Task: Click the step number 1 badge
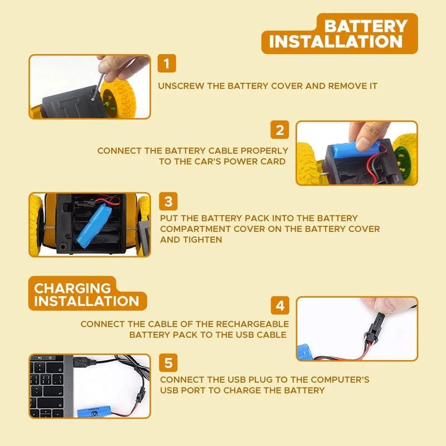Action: tap(167, 63)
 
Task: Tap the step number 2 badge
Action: tap(280, 130)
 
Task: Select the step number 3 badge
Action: tap(168, 201)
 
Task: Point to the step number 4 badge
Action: tap(280, 305)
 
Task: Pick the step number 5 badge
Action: tap(168, 363)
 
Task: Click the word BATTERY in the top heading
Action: tap(366, 26)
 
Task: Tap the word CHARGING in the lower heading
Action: tap(72, 288)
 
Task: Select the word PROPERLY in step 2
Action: tap(264, 151)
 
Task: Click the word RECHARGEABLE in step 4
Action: tap(253, 324)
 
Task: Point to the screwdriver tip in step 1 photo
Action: tap(93, 99)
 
